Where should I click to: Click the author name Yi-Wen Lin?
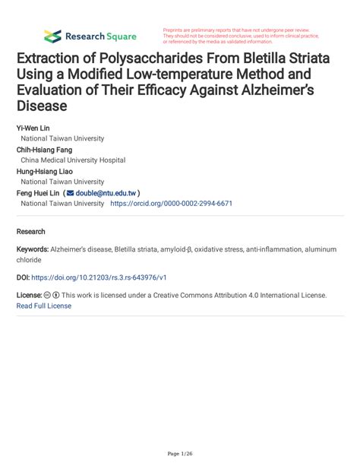click(x=33, y=128)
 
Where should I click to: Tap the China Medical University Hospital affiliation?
click(x=73, y=160)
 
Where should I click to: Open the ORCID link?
click(x=171, y=204)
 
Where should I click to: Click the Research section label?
click(x=30, y=231)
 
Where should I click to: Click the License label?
click(x=29, y=295)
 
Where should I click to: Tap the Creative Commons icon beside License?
click(x=48, y=295)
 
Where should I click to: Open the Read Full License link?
click(x=43, y=306)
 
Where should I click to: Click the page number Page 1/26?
click(x=179, y=454)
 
